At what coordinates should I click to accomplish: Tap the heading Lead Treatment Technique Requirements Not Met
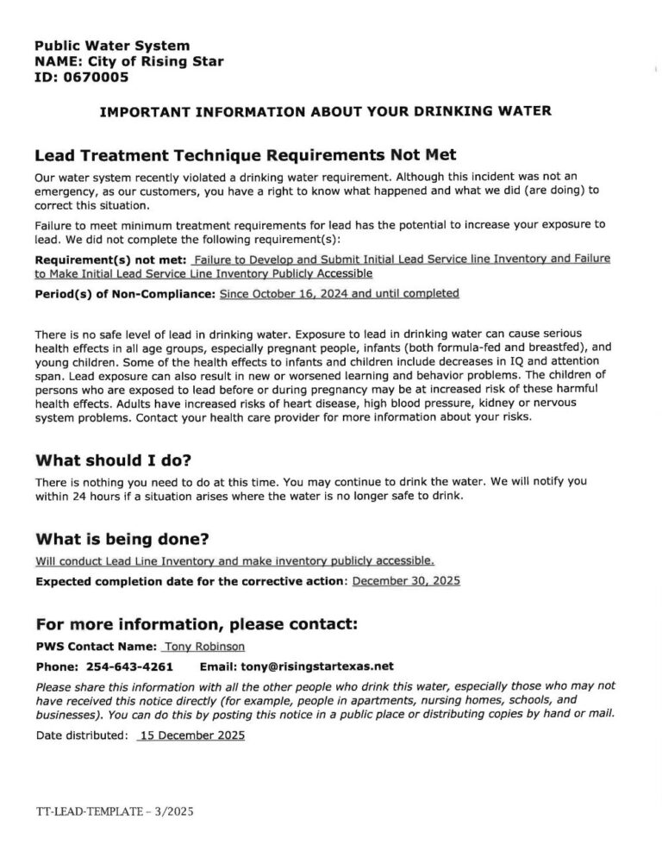pos(245,154)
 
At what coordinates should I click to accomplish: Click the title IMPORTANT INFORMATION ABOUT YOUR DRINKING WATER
pos(326,111)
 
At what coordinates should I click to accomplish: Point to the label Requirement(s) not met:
pos(110,260)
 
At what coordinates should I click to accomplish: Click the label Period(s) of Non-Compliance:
pos(125,293)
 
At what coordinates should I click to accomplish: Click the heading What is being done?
pos(122,540)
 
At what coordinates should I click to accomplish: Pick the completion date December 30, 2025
pos(407,581)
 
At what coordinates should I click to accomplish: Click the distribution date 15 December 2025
pos(190,735)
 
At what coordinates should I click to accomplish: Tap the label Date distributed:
pos(82,735)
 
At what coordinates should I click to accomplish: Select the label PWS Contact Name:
pos(96,647)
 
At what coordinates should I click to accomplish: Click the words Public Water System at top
pos(112,45)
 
